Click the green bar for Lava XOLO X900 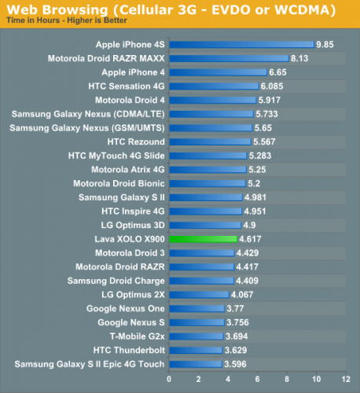[x=203, y=238]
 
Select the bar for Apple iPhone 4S [x=241, y=45]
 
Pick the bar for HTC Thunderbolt [x=195, y=349]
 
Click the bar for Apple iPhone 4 [x=217, y=72]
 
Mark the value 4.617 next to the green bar [x=251, y=238]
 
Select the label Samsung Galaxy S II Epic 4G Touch [x=90, y=363]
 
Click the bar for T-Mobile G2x [x=196, y=336]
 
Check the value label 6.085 [x=272, y=86]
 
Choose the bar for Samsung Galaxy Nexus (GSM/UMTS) [x=210, y=127]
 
